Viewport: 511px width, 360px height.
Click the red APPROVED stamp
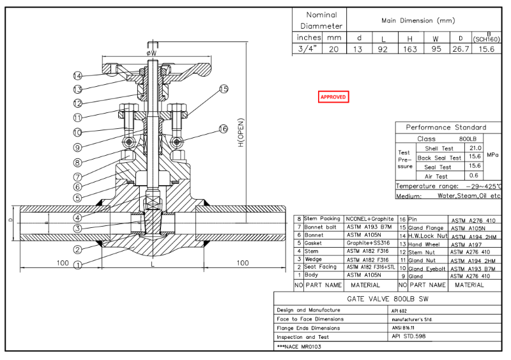(333, 97)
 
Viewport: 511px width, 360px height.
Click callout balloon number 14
(77, 76)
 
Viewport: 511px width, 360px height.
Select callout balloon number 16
(223, 128)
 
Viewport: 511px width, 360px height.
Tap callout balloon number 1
(77, 265)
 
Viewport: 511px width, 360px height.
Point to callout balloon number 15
(223, 89)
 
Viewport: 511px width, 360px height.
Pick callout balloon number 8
(77, 163)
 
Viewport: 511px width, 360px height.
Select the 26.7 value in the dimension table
(459, 49)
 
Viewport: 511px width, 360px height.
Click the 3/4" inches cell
(309, 49)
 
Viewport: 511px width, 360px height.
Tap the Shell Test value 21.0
(475, 148)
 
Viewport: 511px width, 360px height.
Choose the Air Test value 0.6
(475, 176)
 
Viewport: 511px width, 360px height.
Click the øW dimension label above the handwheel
(151, 52)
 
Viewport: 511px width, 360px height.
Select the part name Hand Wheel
(424, 244)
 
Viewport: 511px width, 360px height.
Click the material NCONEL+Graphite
(369, 219)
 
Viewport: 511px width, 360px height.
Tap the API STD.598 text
(408, 336)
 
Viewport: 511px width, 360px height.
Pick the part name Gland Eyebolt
(428, 269)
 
